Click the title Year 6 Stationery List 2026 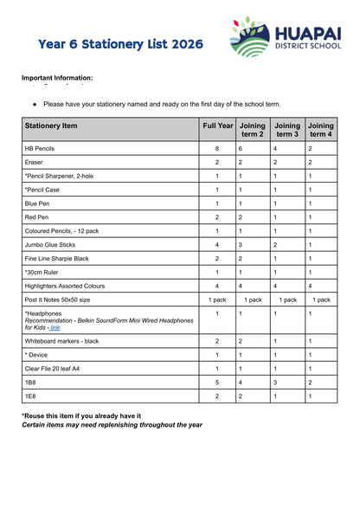[x=121, y=43]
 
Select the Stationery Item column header [x=51, y=126]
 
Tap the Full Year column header [x=217, y=126]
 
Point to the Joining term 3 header [x=287, y=130]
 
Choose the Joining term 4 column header [x=320, y=130]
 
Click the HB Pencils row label [x=40, y=149]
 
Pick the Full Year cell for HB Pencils [x=217, y=149]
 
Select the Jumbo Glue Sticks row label [x=49, y=245]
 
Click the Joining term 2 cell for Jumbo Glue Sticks [x=241, y=245]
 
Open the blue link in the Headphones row [x=55, y=328]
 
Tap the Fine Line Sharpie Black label [x=56, y=259]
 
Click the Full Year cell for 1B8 [x=217, y=382]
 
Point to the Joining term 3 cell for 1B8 [x=275, y=382]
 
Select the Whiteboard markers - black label [x=61, y=342]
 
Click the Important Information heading [x=56, y=78]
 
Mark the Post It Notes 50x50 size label [x=57, y=300]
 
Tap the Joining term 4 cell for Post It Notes [x=320, y=300]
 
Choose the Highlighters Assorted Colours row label [x=65, y=286]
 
